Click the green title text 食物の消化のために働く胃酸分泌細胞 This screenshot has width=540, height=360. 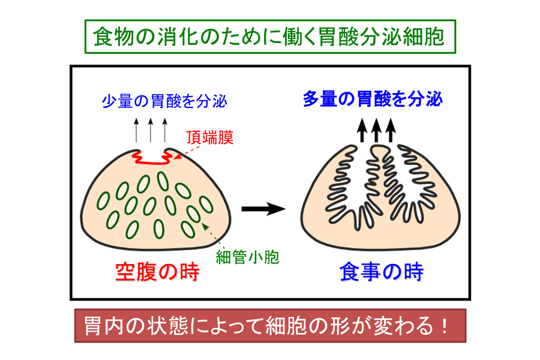point(269,37)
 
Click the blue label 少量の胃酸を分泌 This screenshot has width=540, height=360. point(164,101)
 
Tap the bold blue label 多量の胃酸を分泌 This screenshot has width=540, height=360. point(373,99)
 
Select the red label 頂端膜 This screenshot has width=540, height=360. point(210,137)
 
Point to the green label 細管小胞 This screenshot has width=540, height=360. point(247,257)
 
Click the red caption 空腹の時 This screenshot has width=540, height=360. point(157,272)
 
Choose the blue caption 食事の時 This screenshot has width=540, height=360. point(381,272)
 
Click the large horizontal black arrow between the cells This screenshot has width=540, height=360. point(263,209)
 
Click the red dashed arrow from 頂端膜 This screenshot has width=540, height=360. point(188,152)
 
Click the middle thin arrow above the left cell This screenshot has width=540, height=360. point(151,130)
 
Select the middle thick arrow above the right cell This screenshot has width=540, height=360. point(376,130)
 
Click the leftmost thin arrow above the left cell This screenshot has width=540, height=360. point(136,130)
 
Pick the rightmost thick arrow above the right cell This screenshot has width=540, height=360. point(391,130)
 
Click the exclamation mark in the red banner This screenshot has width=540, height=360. point(445,326)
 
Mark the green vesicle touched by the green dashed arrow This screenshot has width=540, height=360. point(193,215)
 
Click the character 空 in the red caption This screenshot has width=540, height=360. point(125,272)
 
